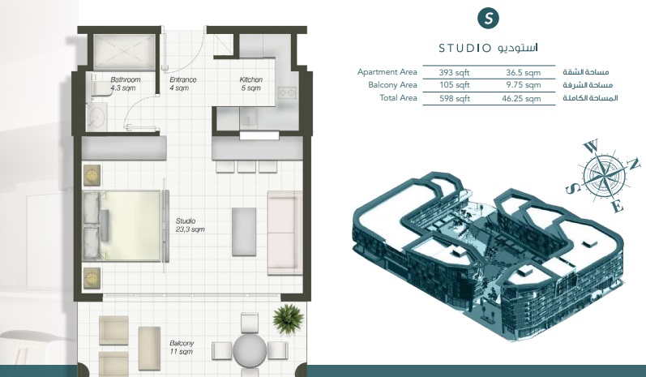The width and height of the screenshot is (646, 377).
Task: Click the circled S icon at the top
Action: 487,18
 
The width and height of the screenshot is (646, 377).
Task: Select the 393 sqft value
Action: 456,72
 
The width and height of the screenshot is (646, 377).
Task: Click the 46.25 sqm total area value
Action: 520,99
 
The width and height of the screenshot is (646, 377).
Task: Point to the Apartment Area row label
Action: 387,72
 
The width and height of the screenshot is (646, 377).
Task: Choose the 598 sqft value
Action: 456,99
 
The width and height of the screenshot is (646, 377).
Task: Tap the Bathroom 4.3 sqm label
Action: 126,84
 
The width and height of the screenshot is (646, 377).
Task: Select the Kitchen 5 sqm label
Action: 250,84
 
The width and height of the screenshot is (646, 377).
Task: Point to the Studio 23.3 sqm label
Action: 190,225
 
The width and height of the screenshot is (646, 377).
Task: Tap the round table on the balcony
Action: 250,351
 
